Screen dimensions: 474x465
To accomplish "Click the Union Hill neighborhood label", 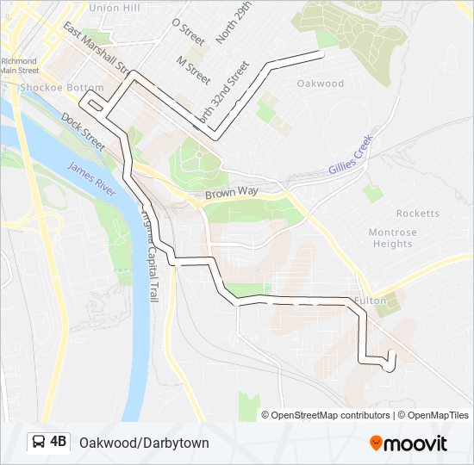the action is [x=115, y=8].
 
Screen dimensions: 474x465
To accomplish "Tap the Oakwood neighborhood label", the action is [x=320, y=84].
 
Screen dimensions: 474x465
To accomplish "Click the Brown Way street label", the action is [x=226, y=195].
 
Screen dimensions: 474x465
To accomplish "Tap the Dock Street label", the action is [x=83, y=130].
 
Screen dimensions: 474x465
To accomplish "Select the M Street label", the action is [x=193, y=71].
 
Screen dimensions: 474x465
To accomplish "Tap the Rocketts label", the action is [x=417, y=214].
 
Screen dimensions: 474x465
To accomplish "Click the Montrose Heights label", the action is [x=392, y=238].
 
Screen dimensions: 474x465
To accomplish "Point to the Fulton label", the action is [x=370, y=301].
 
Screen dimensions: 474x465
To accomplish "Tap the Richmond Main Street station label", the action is [x=19, y=66].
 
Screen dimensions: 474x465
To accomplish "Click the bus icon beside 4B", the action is [x=40, y=443].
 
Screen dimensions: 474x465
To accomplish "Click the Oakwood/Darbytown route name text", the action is [x=144, y=443].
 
